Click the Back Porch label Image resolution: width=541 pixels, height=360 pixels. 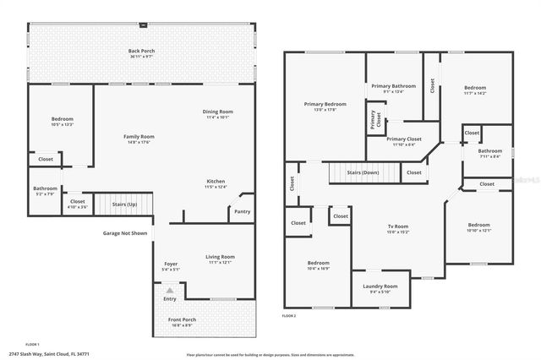141,51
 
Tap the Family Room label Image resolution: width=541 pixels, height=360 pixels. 139,136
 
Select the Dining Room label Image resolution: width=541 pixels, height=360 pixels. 217,112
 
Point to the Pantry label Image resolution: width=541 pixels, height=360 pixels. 242,211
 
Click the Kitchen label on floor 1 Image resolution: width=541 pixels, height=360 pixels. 216,181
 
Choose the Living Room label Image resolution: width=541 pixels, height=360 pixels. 221,256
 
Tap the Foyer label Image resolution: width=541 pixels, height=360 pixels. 171,265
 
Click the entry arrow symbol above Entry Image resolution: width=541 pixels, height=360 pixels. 169,290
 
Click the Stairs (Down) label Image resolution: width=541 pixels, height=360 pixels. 364,172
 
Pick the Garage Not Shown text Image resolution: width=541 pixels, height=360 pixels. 125,233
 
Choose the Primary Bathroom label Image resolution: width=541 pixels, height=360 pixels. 394,86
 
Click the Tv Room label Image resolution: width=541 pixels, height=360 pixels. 397,226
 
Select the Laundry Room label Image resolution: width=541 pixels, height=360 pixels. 380,286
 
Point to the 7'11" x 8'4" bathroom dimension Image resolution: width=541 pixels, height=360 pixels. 489,156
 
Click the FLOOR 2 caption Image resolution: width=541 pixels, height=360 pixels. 290,315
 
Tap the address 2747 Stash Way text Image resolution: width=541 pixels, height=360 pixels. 49,353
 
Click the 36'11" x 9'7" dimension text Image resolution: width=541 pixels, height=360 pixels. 141,57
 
